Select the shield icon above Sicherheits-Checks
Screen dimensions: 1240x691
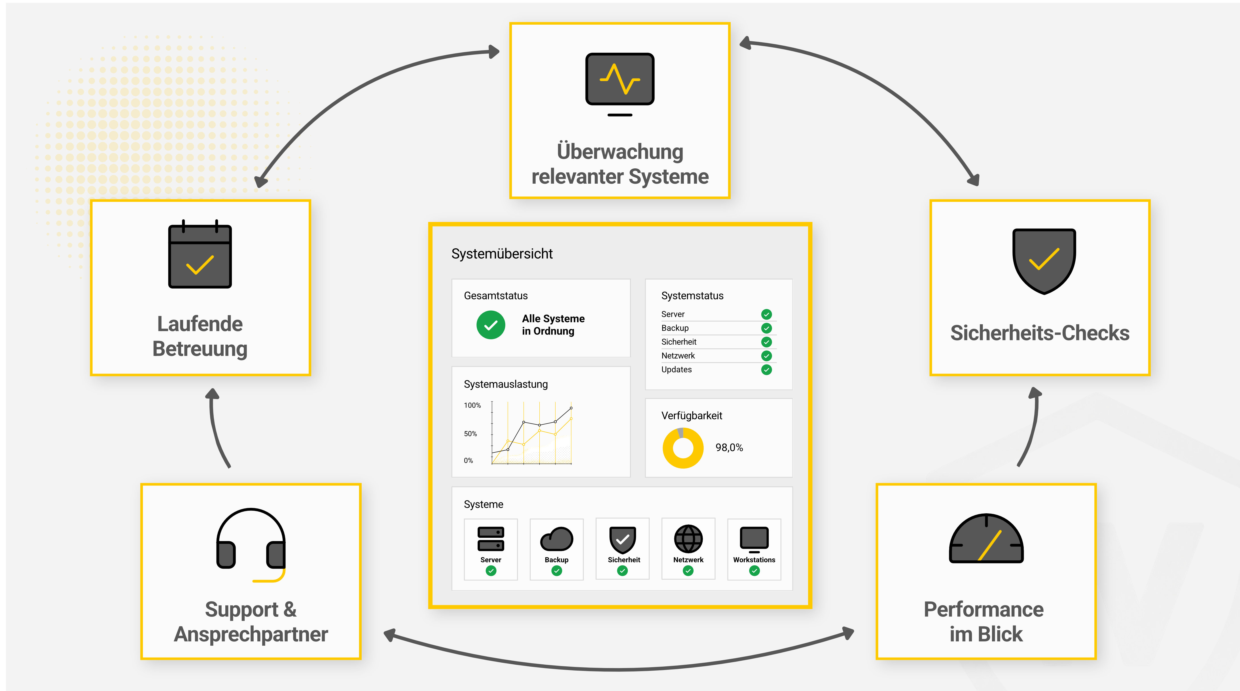[1044, 261]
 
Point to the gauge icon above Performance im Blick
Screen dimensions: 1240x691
[986, 538]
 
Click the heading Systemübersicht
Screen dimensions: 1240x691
[502, 254]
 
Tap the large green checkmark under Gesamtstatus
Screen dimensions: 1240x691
[491, 325]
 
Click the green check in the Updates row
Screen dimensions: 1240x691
[766, 370]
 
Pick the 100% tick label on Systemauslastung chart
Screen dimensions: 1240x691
[472, 406]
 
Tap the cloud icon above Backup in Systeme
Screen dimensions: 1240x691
[556, 539]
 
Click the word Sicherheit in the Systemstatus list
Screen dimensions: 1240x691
[679, 342]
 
